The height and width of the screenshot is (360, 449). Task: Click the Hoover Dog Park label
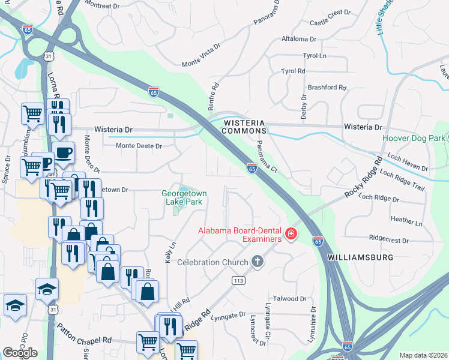coord(414,138)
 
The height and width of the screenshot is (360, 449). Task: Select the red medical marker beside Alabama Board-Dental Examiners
coord(291,233)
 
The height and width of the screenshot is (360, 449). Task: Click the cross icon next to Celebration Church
coord(258,262)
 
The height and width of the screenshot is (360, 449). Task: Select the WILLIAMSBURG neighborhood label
coord(360,257)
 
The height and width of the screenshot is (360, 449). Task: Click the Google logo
coord(20,353)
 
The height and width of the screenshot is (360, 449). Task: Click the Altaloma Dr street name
coord(298,39)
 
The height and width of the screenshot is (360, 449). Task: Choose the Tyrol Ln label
coord(315,55)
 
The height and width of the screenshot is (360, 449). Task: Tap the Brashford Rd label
coord(327,87)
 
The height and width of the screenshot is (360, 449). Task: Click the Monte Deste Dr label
coord(139,145)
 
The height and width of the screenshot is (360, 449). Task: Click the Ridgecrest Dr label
coord(389,239)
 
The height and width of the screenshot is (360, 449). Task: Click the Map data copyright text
coord(424,355)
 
